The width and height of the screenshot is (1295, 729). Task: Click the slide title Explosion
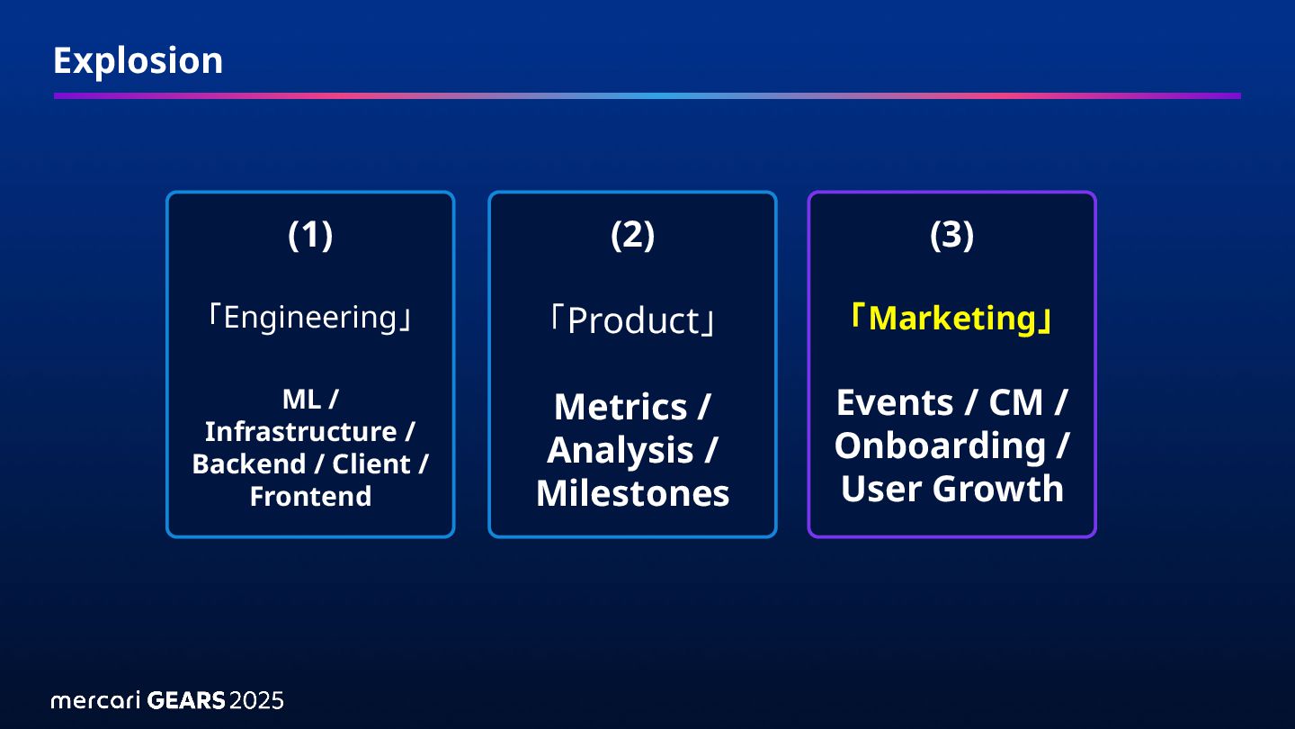click(138, 61)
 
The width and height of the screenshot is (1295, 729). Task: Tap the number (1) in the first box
click(310, 235)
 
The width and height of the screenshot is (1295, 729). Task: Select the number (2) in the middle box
click(632, 235)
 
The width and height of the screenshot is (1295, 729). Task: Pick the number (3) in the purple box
click(951, 235)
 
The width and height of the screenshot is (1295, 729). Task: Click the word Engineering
click(310, 318)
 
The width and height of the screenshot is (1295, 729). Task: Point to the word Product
click(632, 320)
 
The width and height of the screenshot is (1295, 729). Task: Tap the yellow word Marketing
click(951, 319)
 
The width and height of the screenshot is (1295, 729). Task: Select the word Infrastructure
click(300, 432)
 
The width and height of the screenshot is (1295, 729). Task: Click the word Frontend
click(310, 497)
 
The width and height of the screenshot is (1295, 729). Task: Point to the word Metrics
click(620, 407)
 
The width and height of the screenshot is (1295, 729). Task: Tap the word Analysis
click(620, 450)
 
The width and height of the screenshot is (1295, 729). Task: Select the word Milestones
click(632, 493)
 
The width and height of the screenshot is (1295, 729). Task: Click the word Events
click(896, 402)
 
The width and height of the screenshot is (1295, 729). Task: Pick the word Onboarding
click(940, 445)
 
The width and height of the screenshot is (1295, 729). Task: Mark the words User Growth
click(951, 489)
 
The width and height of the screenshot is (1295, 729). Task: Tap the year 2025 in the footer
click(256, 700)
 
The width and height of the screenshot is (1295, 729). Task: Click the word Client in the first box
click(371, 464)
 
